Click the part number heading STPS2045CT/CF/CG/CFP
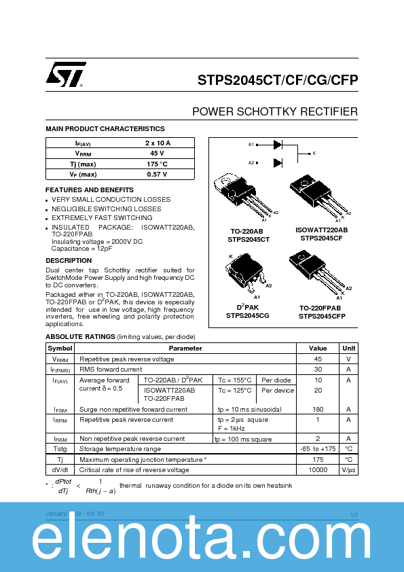[278, 80]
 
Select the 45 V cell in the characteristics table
[158, 154]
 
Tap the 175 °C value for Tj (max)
[158, 164]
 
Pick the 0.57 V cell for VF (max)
[158, 175]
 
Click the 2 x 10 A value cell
[158, 143]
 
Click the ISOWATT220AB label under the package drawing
[322, 230]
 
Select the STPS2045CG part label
[248, 315]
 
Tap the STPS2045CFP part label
[322, 316]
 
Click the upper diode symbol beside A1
[278, 144]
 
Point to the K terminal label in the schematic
[314, 154]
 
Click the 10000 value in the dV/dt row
[318, 470]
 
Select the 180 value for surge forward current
[318, 410]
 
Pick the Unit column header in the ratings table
[348, 348]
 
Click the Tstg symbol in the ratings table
[60, 449]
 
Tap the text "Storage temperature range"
[120, 449]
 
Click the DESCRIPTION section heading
[69, 261]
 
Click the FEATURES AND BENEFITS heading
[90, 190]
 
